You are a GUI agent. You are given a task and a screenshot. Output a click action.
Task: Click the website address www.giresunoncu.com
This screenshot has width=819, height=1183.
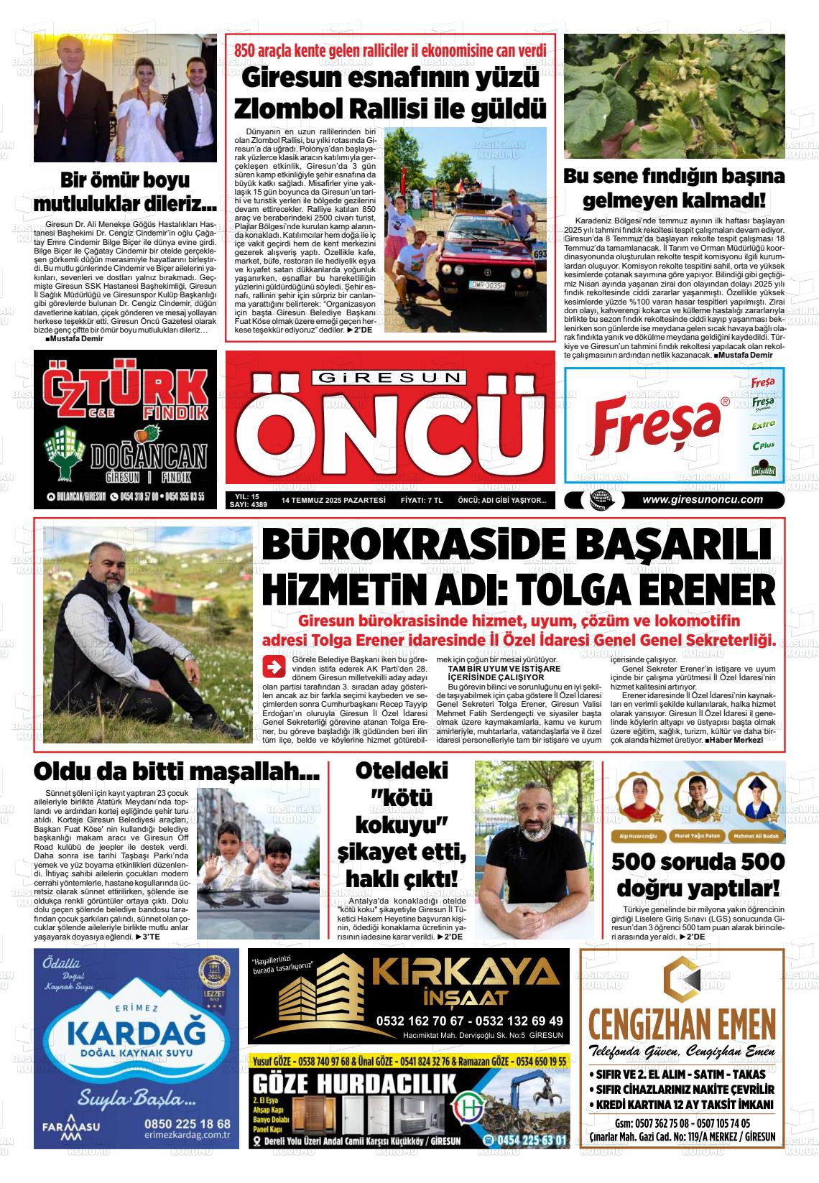click(x=702, y=500)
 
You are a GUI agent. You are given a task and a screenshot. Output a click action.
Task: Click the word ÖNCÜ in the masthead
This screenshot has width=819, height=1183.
click(x=389, y=430)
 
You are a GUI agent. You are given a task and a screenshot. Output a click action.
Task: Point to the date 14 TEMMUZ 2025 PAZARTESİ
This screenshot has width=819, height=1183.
click(x=333, y=500)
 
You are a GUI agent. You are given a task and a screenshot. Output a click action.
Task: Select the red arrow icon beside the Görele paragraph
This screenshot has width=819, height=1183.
click(x=274, y=667)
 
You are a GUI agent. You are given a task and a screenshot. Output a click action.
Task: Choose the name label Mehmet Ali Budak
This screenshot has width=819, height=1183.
click(x=754, y=835)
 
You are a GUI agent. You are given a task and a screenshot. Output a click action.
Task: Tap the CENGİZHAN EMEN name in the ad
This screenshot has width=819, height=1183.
click(x=682, y=1023)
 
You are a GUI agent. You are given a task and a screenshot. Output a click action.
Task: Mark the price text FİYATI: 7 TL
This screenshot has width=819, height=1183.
click(x=421, y=500)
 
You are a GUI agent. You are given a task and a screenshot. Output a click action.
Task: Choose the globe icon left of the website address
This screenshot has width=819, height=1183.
click(x=596, y=501)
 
